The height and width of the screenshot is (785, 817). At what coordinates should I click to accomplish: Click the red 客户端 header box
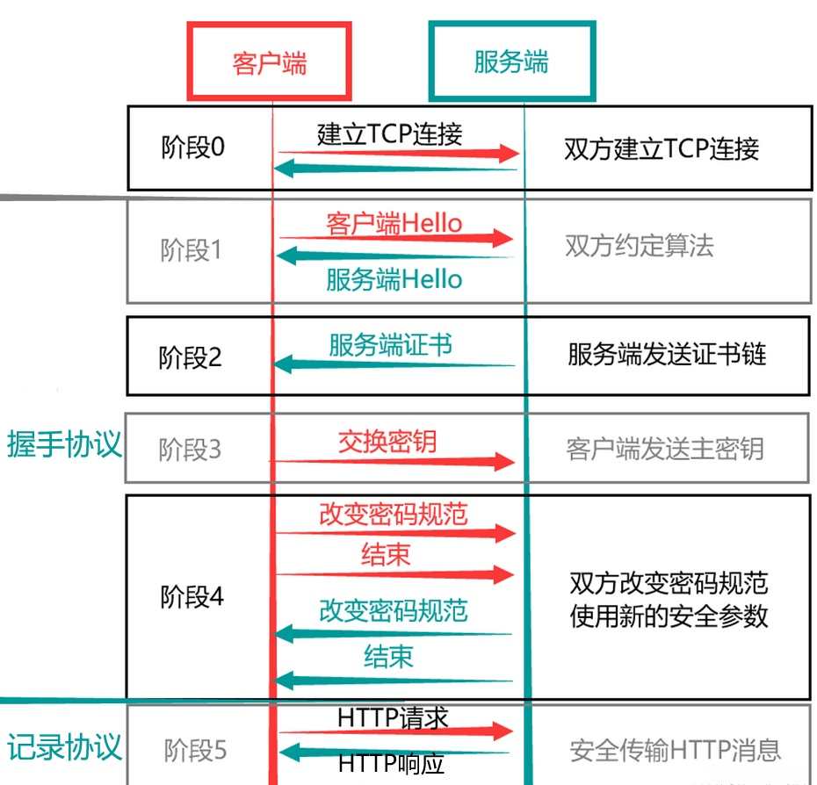(x=269, y=62)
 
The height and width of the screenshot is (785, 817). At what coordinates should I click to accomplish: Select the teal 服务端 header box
(x=511, y=62)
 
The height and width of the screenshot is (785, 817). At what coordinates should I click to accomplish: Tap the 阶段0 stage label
(x=193, y=147)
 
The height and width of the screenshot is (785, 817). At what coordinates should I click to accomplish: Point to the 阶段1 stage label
(x=192, y=250)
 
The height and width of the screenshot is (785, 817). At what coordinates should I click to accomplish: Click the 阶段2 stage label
(x=191, y=357)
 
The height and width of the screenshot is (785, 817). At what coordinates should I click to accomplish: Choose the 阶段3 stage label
(x=190, y=450)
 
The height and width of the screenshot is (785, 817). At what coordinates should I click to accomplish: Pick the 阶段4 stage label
(x=192, y=597)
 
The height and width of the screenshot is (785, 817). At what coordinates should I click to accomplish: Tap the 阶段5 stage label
(x=195, y=750)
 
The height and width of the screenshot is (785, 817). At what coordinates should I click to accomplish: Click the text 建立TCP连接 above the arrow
(x=389, y=133)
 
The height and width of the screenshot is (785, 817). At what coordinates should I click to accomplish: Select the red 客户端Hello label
(x=394, y=223)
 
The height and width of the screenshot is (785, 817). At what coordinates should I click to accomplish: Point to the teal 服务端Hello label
(x=394, y=280)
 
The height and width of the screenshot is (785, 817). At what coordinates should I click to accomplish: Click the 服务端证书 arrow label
(x=391, y=344)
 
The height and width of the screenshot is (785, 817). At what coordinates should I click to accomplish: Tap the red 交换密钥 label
(x=387, y=442)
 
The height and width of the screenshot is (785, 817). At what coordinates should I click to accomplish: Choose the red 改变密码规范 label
(x=393, y=514)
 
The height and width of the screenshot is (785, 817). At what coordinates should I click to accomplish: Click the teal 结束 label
(x=388, y=656)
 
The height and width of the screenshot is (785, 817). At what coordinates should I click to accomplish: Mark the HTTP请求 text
(x=393, y=717)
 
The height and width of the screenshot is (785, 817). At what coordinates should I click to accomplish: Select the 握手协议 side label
(x=63, y=444)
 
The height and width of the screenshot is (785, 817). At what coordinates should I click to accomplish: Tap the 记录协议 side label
(x=63, y=746)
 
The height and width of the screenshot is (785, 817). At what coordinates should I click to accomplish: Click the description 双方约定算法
(x=639, y=246)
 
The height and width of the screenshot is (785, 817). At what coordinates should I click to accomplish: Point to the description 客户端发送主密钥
(x=665, y=449)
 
